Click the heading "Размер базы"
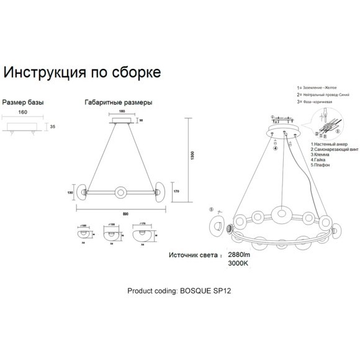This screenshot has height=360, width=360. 24,102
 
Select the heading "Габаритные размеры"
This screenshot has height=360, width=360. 117,102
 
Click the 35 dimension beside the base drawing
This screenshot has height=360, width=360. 53,127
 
